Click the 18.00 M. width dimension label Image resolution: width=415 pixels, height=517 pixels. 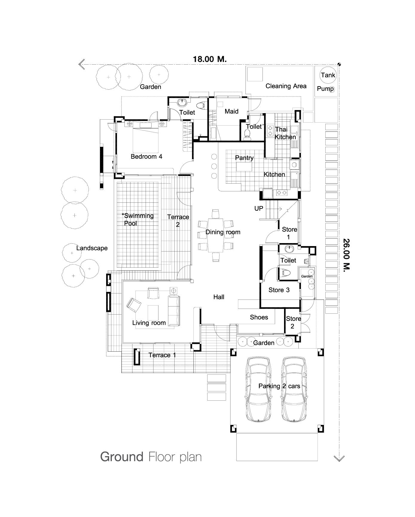coord(210,59)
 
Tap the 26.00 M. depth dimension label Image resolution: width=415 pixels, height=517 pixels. coord(346,254)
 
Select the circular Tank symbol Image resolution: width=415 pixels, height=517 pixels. coord(328,75)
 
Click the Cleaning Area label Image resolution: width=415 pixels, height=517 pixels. coord(286,86)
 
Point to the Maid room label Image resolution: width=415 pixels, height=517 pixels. coord(231,111)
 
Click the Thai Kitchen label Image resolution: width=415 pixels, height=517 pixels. coord(285,133)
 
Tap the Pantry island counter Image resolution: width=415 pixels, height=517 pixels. coord(244,167)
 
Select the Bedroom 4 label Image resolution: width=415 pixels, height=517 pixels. coord(147,156)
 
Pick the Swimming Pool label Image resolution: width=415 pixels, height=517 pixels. coord(138,219)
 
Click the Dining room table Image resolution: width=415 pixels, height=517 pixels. coord(215,235)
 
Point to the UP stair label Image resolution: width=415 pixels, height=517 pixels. coord(259,208)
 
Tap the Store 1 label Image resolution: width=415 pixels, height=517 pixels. coord(289,233)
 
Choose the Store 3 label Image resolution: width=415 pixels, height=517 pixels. coord(279,290)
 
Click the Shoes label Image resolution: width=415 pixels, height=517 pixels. coord(259,317)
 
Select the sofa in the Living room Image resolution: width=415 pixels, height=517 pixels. coord(174,311)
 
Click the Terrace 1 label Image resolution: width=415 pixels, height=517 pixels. coord(162,355)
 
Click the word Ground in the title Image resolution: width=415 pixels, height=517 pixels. coord(122,457)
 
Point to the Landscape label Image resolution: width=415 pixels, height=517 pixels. coord(92,248)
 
